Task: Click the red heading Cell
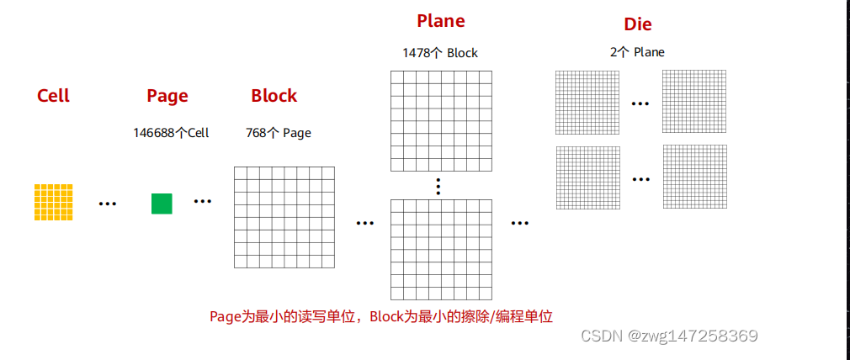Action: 53,96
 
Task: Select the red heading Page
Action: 167,96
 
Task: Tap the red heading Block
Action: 274,96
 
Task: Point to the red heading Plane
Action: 440,21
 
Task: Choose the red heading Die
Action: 637,24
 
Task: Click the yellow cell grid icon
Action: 53,202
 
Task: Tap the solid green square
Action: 162,204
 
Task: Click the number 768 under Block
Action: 255,133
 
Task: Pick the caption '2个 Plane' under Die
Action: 637,52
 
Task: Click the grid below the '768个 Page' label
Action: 284,217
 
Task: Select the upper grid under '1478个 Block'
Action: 441,121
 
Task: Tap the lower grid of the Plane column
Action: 441,249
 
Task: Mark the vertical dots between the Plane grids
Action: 438,186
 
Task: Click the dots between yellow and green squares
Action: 107,204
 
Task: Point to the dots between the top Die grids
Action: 640,103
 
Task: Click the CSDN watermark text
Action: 669,336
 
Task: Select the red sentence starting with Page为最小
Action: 380,317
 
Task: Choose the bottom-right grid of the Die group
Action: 693,177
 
